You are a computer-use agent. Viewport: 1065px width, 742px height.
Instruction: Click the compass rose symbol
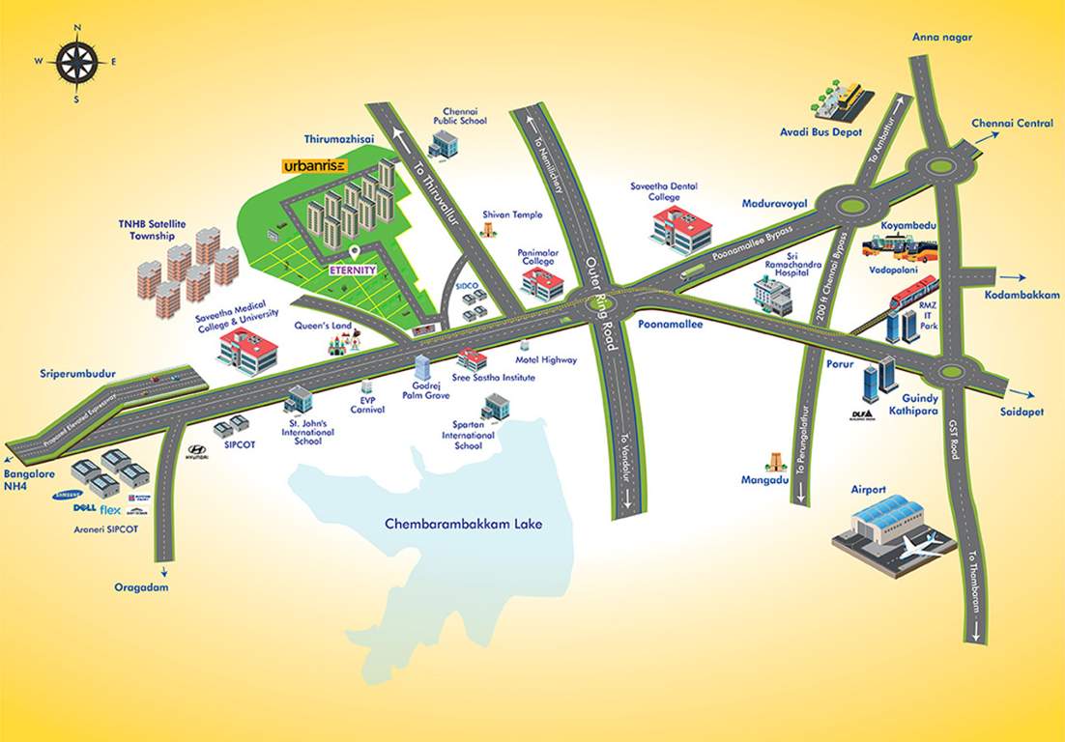point(76,62)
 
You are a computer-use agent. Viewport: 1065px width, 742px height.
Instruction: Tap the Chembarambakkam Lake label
point(464,525)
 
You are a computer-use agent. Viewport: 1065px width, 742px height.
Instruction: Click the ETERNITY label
point(351,271)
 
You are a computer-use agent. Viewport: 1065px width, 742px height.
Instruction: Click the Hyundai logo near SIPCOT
point(196,451)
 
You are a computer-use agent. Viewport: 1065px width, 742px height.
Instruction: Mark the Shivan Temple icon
point(489,231)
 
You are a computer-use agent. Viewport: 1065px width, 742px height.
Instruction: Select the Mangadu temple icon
point(774,463)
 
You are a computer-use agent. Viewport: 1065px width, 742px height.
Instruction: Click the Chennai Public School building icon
point(445,144)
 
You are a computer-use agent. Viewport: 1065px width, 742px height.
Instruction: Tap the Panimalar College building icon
point(542,283)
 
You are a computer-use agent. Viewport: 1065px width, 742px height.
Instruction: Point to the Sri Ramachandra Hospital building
point(773,297)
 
